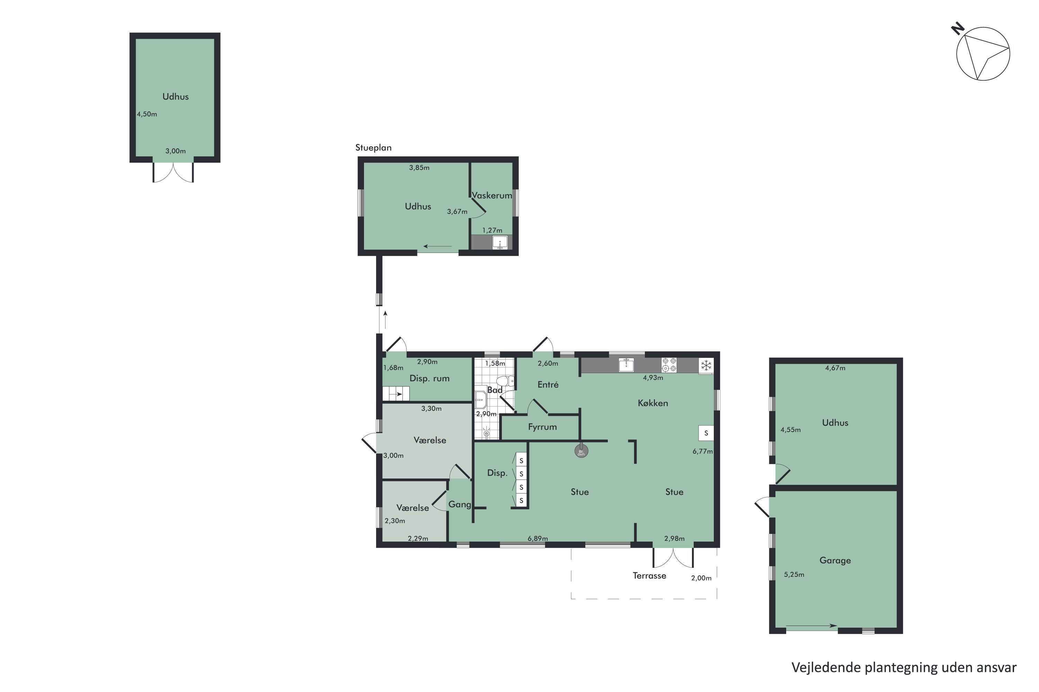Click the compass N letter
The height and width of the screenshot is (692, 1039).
(958, 29)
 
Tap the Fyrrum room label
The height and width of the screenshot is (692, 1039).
(542, 427)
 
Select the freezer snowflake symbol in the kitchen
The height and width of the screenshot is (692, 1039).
(706, 365)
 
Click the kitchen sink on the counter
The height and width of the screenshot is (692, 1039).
(627, 365)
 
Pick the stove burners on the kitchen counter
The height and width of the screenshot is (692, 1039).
(669, 365)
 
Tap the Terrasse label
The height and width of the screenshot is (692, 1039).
(649, 575)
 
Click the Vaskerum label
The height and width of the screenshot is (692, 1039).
(492, 195)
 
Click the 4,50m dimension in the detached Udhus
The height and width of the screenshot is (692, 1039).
(146, 114)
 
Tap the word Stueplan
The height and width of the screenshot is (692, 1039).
(373, 148)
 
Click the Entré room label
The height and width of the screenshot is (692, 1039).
(548, 384)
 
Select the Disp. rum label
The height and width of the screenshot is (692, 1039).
(429, 378)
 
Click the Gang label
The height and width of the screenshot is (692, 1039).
(460, 504)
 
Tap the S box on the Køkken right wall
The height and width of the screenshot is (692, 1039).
(706, 433)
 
